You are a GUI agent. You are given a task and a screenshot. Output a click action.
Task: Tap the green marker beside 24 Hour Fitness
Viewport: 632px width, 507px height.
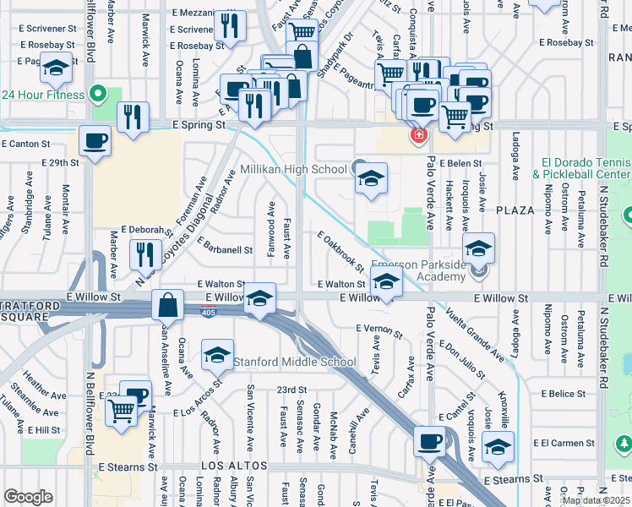click(x=98, y=94)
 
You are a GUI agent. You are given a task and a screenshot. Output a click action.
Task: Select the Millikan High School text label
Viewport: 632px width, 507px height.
click(x=293, y=169)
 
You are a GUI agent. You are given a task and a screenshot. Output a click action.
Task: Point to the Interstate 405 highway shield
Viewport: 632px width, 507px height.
click(x=208, y=313)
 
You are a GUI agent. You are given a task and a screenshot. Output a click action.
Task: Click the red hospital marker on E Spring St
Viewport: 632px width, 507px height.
click(x=417, y=134)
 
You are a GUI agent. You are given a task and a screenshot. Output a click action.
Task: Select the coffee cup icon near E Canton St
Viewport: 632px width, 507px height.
click(x=95, y=141)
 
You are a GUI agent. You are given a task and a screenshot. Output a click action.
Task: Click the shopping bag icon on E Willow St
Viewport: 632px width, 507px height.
click(x=168, y=304)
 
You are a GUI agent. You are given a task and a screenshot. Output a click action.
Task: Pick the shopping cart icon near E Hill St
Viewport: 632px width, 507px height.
click(x=122, y=412)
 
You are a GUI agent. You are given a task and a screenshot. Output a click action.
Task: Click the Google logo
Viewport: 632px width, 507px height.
click(x=28, y=497)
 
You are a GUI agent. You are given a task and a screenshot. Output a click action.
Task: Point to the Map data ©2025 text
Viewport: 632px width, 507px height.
click(x=595, y=500)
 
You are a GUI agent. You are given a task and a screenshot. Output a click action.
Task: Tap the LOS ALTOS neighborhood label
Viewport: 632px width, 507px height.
click(x=234, y=466)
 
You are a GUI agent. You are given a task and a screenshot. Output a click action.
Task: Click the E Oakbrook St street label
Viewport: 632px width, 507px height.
click(x=341, y=252)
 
